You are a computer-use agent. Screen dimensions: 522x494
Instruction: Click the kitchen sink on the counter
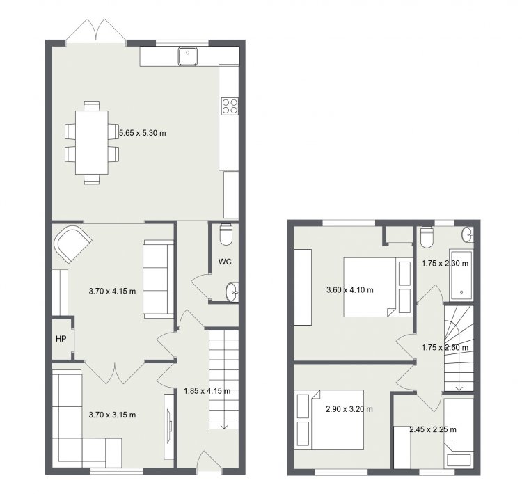[x=188, y=56]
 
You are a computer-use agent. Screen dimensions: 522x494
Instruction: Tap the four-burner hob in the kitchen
[x=230, y=106]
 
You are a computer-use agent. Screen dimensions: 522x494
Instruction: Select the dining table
[x=92, y=143]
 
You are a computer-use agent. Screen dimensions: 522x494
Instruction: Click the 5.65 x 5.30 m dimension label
[x=143, y=133]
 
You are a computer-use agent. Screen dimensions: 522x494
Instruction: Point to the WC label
[x=225, y=262]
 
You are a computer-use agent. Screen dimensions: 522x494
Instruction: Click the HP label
[x=61, y=339]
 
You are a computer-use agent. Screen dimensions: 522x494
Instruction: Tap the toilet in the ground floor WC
[x=226, y=234]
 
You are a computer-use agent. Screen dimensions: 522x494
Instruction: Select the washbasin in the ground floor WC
[x=232, y=292]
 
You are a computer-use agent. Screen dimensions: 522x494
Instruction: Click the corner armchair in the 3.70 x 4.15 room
[x=72, y=244]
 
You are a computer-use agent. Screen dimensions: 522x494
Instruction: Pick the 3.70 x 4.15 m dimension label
[x=112, y=292]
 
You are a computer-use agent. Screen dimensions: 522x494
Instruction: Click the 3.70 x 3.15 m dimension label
[x=112, y=415]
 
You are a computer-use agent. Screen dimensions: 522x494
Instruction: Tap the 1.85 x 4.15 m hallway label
[x=207, y=391]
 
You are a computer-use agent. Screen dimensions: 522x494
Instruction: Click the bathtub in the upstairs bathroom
[x=461, y=276]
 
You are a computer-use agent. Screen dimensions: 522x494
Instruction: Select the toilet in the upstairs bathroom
[x=427, y=237]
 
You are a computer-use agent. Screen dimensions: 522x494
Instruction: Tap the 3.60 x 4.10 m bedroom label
[x=350, y=290]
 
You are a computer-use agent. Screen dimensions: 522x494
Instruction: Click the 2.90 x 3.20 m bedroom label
[x=349, y=409]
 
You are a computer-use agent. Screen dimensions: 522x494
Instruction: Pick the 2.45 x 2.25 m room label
[x=433, y=429]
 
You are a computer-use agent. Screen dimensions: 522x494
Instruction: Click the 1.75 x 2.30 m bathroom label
[x=445, y=264]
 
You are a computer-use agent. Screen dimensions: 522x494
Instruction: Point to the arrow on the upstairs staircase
[x=459, y=383]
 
